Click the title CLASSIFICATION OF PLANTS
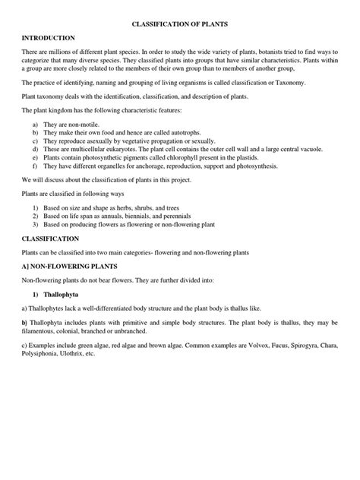(180, 24)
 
